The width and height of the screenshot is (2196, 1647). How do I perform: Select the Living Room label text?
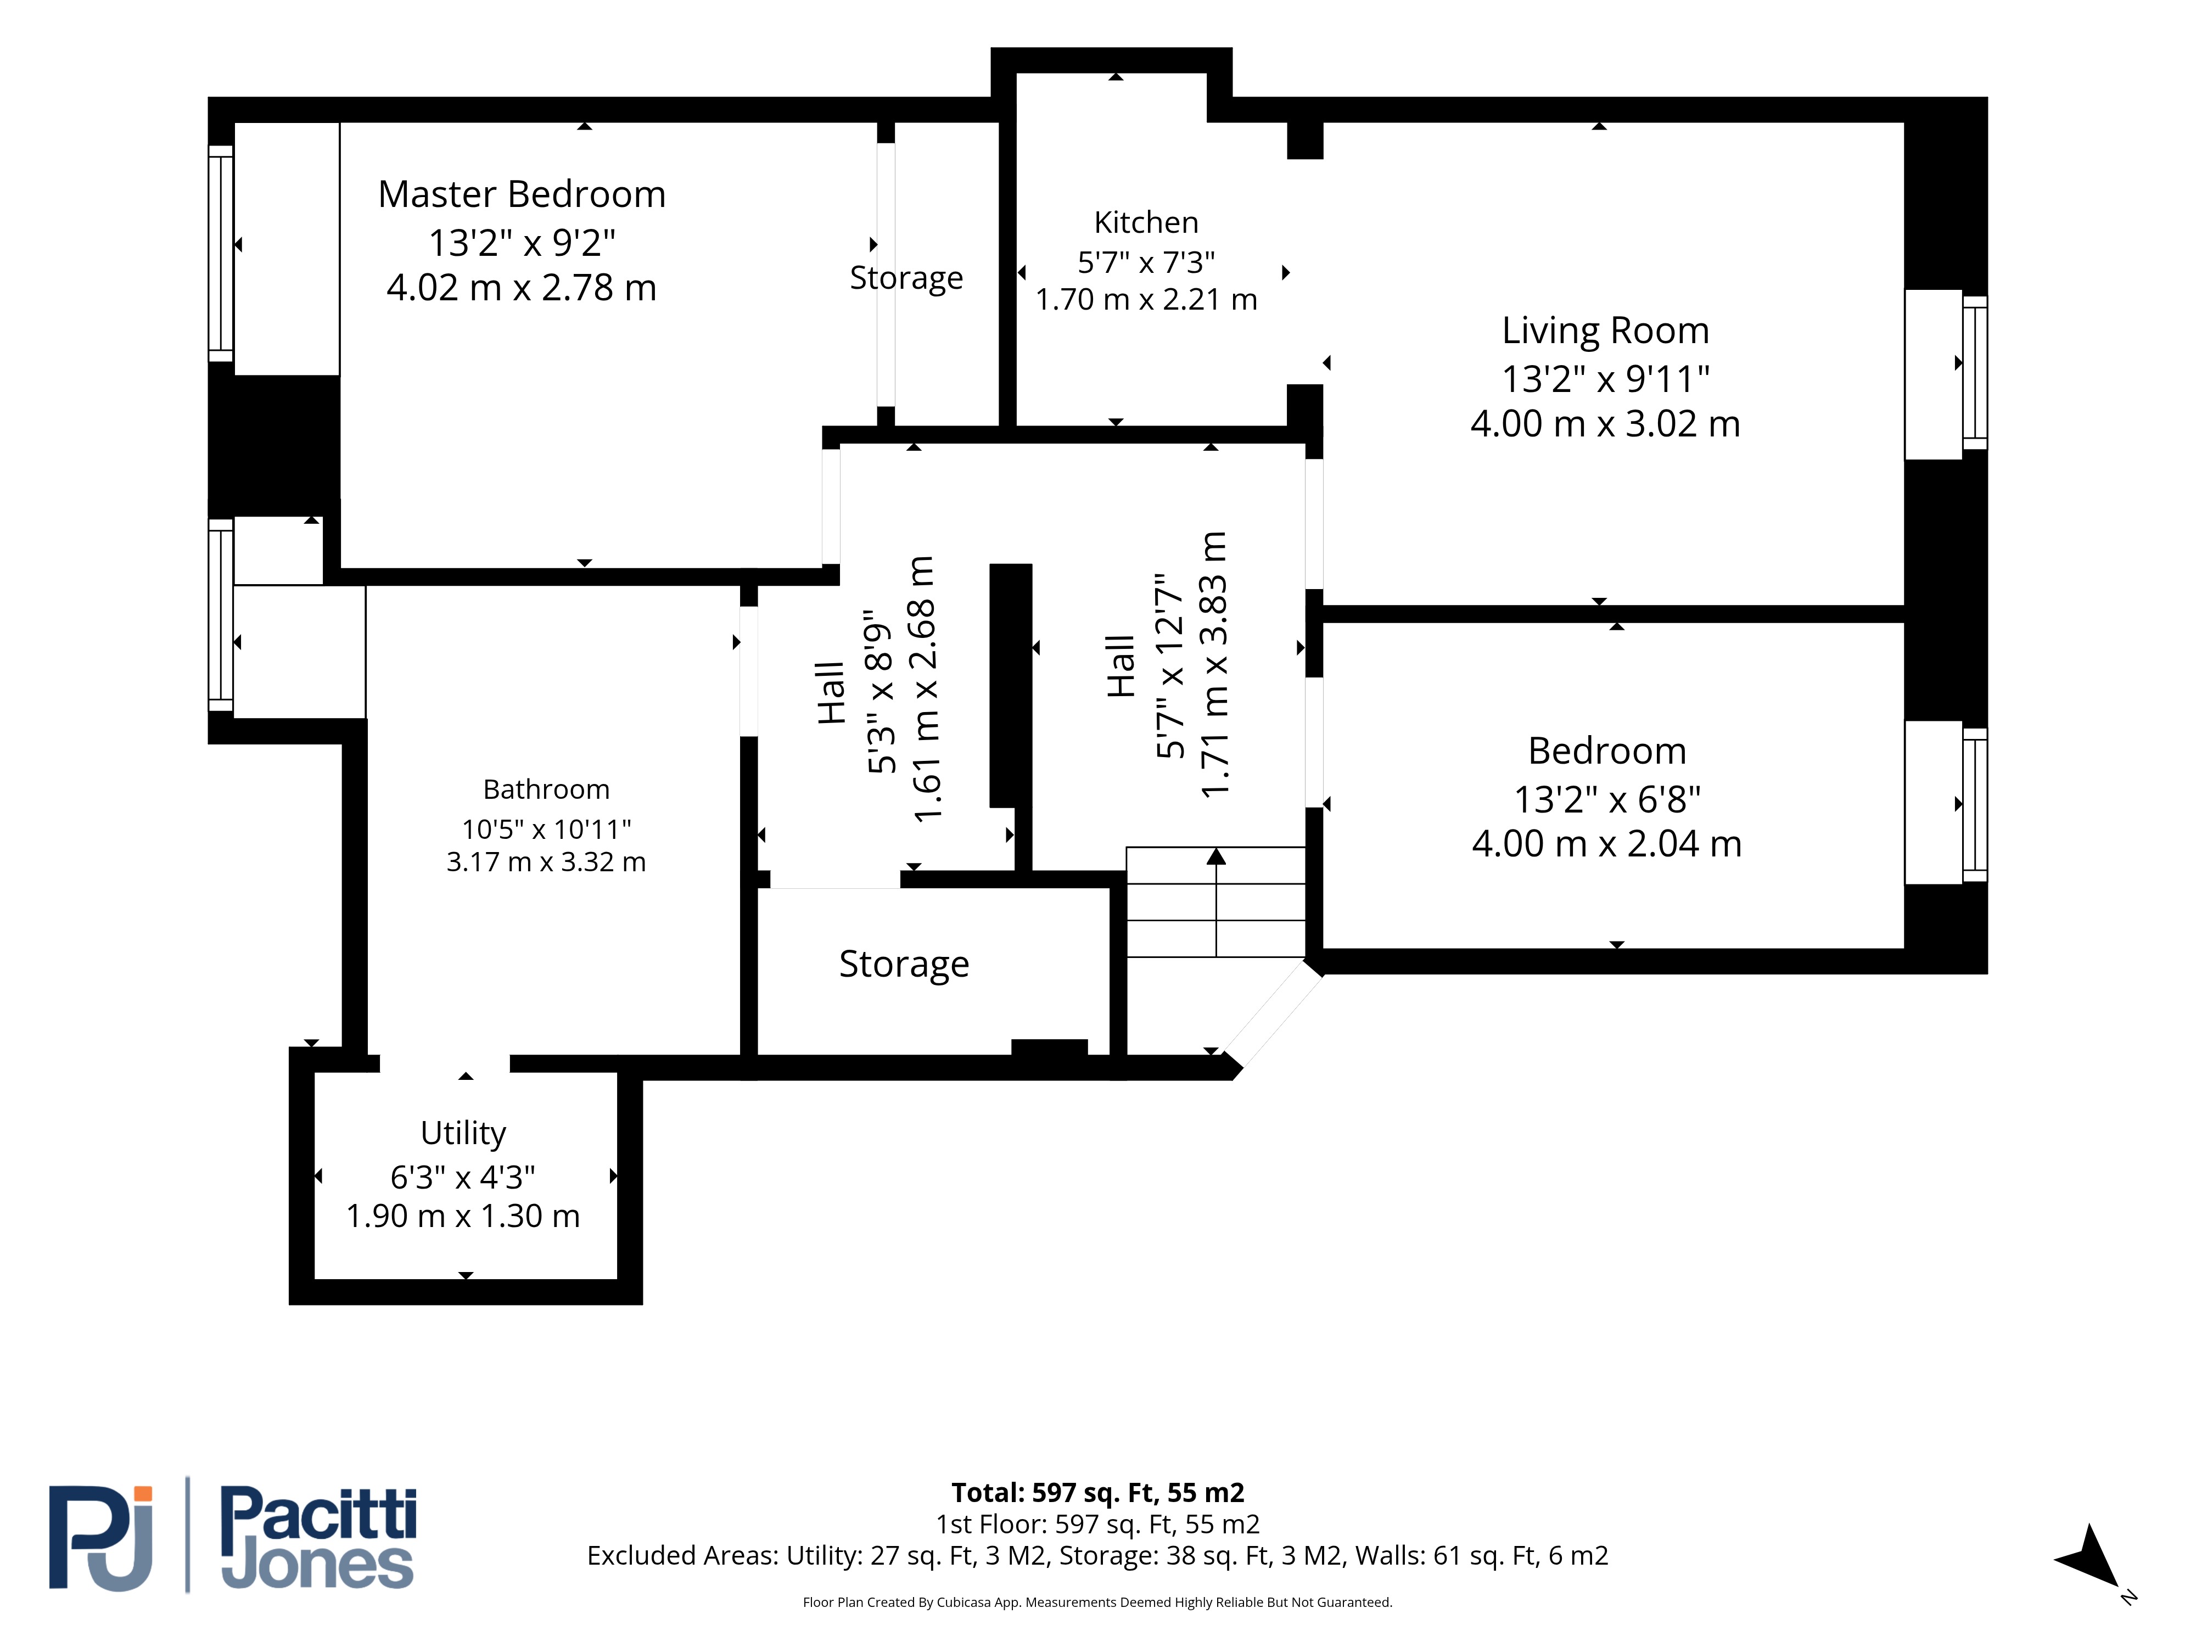click(x=1605, y=330)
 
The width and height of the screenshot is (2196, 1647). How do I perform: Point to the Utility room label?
click(x=463, y=1133)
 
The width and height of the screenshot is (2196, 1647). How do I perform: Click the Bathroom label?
click(x=546, y=789)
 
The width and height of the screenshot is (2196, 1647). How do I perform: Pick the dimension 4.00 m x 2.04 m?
click(x=1606, y=844)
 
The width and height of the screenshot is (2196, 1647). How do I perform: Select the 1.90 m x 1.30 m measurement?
click(x=463, y=1216)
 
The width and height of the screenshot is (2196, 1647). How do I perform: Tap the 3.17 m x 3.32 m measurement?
click(x=546, y=862)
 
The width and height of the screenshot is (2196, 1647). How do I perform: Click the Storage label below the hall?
click(x=904, y=964)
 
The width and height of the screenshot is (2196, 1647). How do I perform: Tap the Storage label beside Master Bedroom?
click(x=906, y=278)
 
